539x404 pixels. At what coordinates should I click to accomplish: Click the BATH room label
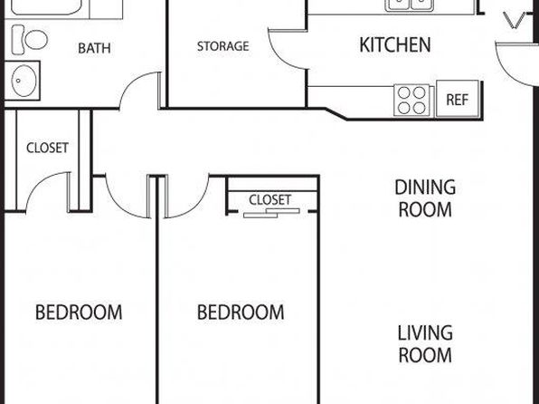[94, 48]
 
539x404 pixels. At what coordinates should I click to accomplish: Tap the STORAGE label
[223, 46]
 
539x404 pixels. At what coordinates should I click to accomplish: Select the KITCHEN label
[395, 44]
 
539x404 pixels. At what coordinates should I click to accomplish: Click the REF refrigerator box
[458, 100]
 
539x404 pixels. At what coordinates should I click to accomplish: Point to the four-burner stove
[411, 100]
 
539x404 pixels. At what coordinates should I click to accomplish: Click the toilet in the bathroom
[29, 40]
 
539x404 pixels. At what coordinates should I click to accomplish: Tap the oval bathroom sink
[24, 81]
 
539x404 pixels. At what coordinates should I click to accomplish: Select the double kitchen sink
[410, 5]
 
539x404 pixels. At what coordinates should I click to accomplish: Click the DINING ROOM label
[425, 198]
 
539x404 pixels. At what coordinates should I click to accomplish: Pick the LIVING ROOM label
[425, 344]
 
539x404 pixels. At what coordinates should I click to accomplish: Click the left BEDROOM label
[79, 312]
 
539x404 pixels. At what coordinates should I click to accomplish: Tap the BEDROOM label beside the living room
[241, 312]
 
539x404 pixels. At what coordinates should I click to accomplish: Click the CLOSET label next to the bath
[47, 148]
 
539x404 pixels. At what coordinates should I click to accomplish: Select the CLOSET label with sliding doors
[269, 200]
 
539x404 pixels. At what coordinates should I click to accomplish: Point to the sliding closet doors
[271, 213]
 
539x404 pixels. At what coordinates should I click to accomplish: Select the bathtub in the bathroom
[46, 7]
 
